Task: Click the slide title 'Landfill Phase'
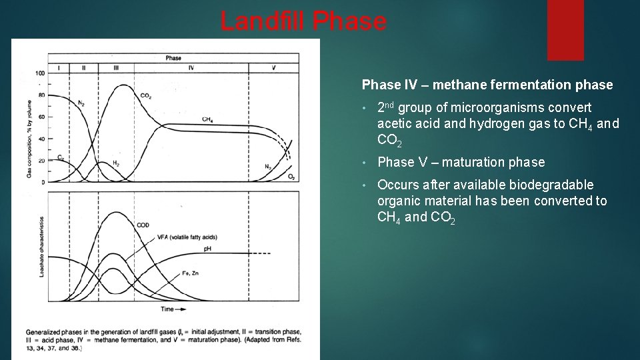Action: [x=303, y=22]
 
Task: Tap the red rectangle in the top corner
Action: [x=565, y=30]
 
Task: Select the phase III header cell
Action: [x=117, y=68]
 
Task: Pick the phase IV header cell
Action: [x=191, y=68]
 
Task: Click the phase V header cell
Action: [x=273, y=68]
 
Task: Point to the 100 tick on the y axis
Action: [x=41, y=73]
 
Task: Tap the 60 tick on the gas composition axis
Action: [x=41, y=117]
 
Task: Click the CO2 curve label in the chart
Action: [x=145, y=96]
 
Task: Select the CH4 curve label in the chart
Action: [x=207, y=119]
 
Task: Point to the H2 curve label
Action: [x=116, y=163]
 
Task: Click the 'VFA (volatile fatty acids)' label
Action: [x=187, y=237]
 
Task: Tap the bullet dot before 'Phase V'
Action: [x=365, y=163]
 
